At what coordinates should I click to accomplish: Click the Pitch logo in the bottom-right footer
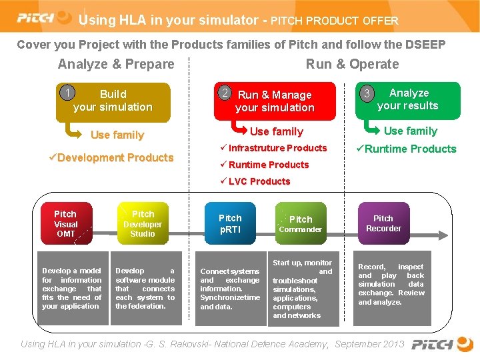(441, 345)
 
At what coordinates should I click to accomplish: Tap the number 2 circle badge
(227, 93)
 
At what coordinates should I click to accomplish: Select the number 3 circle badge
(366, 93)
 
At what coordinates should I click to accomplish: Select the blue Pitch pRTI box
(230, 223)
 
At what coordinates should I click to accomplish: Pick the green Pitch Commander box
(300, 223)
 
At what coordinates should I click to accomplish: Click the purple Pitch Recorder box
(383, 223)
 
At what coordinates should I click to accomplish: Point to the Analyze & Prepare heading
(116, 65)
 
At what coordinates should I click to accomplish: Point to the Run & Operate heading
(352, 65)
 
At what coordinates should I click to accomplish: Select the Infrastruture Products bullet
(273, 148)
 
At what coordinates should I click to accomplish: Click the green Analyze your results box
(408, 100)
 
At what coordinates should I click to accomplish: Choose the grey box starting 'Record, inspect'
(391, 285)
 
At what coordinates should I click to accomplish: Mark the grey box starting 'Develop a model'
(71, 289)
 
